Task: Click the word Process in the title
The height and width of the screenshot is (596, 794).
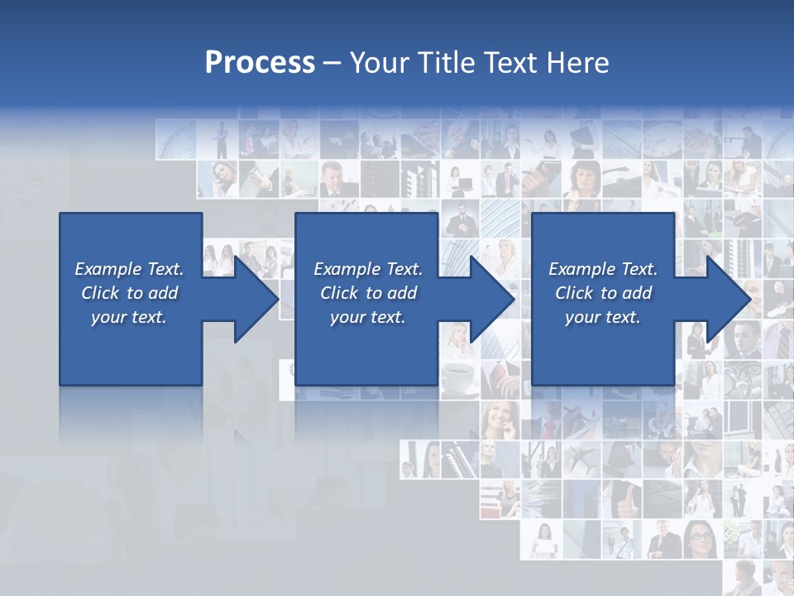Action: [260, 63]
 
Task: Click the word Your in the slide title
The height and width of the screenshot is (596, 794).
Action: [382, 63]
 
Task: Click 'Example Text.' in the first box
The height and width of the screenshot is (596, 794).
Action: [129, 269]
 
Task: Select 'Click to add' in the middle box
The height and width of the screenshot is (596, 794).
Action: [368, 293]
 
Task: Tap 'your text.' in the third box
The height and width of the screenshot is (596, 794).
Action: [603, 317]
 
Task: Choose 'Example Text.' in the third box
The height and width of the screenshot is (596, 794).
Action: [603, 269]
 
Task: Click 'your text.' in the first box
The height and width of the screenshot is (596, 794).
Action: [129, 317]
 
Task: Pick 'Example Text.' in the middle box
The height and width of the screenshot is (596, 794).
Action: [368, 269]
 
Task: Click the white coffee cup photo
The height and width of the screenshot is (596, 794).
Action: [458, 379]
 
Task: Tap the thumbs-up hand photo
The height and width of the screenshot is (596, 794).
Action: [621, 498]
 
